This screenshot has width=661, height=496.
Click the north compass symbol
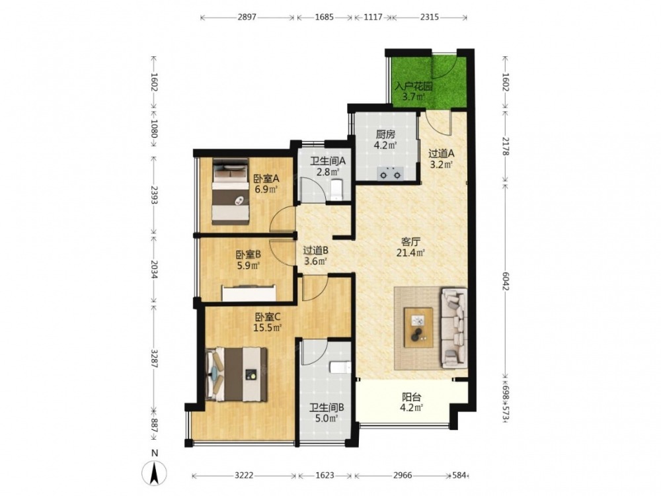pos(155,469)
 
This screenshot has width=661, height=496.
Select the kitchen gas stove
pos(390,173)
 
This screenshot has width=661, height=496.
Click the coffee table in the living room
pos(418,327)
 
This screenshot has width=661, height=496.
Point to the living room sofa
pos(454,327)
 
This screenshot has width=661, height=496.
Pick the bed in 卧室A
pos(230,191)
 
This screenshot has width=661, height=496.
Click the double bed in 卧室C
pos(237,374)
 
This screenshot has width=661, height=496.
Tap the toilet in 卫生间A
pos(338,188)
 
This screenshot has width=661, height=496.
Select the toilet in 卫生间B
pos(340,367)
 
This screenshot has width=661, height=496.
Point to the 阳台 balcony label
pos(411,397)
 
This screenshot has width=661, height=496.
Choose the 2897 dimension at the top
pos(247,17)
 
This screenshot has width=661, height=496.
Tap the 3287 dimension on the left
pos(154,359)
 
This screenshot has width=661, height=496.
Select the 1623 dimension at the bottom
pos(325,475)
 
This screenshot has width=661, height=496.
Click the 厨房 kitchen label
pos(385,135)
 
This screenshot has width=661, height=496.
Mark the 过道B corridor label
pos(316,251)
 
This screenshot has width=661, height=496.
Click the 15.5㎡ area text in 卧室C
pos(267,327)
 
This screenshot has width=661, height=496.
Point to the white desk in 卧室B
pos(249,293)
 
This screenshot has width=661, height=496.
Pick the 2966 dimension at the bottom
pos(403,475)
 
